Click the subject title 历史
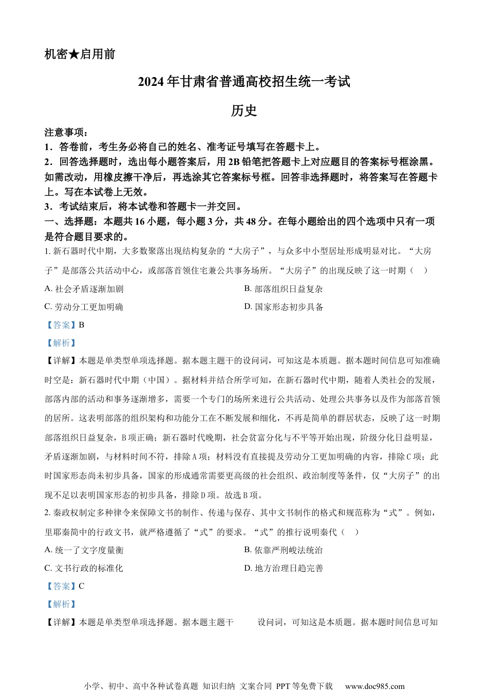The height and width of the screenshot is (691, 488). (x=243, y=111)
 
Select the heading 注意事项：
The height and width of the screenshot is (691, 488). (x=66, y=133)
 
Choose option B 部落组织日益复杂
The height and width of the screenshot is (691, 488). (x=283, y=289)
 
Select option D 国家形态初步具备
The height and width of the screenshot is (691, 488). (x=284, y=307)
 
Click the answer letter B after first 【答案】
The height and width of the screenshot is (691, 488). (x=82, y=325)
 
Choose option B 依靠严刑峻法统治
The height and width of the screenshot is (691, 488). (x=283, y=550)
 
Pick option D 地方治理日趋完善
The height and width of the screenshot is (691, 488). (x=284, y=568)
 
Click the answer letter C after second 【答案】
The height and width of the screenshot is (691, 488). (x=82, y=586)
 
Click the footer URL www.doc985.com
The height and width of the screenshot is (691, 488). (x=374, y=686)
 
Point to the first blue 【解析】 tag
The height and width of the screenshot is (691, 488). (x=61, y=343)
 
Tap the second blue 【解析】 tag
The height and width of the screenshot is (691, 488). (x=61, y=604)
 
